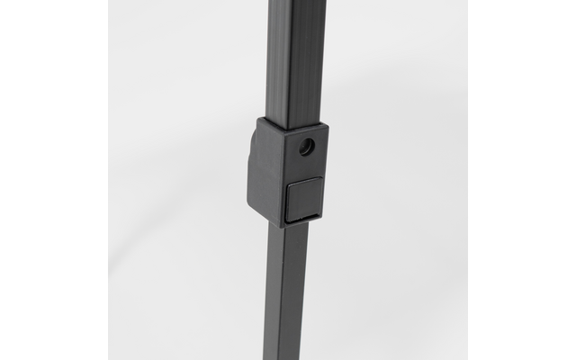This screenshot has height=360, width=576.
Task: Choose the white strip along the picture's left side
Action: (54, 180)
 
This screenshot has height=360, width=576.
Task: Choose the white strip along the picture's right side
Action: (522, 180)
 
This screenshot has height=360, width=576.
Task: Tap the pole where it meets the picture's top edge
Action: (295, 2)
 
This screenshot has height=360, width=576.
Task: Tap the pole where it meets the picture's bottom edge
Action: (287, 357)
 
